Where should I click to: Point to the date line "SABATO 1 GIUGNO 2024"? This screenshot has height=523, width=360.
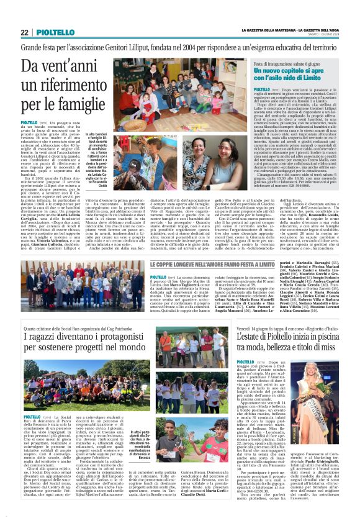point(322,35)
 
